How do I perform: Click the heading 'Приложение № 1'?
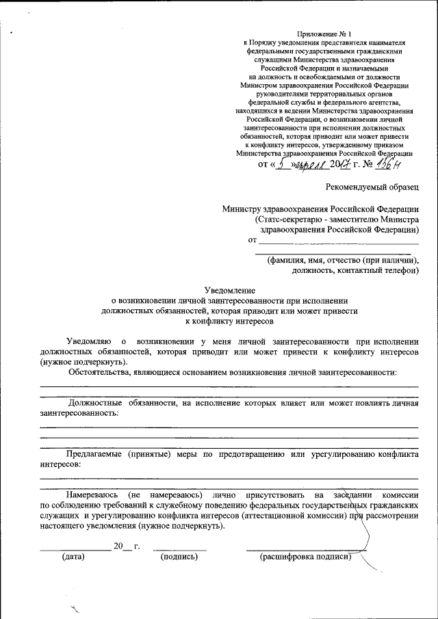324,34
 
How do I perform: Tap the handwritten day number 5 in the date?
281,163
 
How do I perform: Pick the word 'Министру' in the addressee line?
247,209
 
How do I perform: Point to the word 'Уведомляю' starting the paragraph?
88,340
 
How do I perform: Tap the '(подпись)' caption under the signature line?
179,557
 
